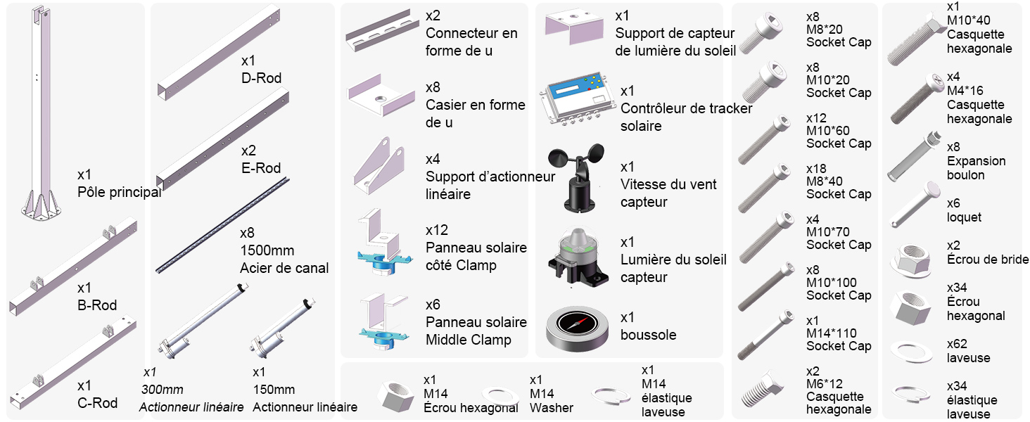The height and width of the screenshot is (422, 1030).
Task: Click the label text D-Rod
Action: click(x=261, y=78)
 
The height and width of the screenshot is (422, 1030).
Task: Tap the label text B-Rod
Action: click(x=97, y=305)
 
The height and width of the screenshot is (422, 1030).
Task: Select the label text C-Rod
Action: click(x=97, y=403)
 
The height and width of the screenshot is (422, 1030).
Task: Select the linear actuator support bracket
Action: click(x=380, y=169)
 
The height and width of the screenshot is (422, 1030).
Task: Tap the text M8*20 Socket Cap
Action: click(x=838, y=35)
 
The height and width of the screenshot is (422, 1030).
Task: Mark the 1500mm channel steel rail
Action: click(x=222, y=224)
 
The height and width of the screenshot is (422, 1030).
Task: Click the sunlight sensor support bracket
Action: click(x=574, y=28)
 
